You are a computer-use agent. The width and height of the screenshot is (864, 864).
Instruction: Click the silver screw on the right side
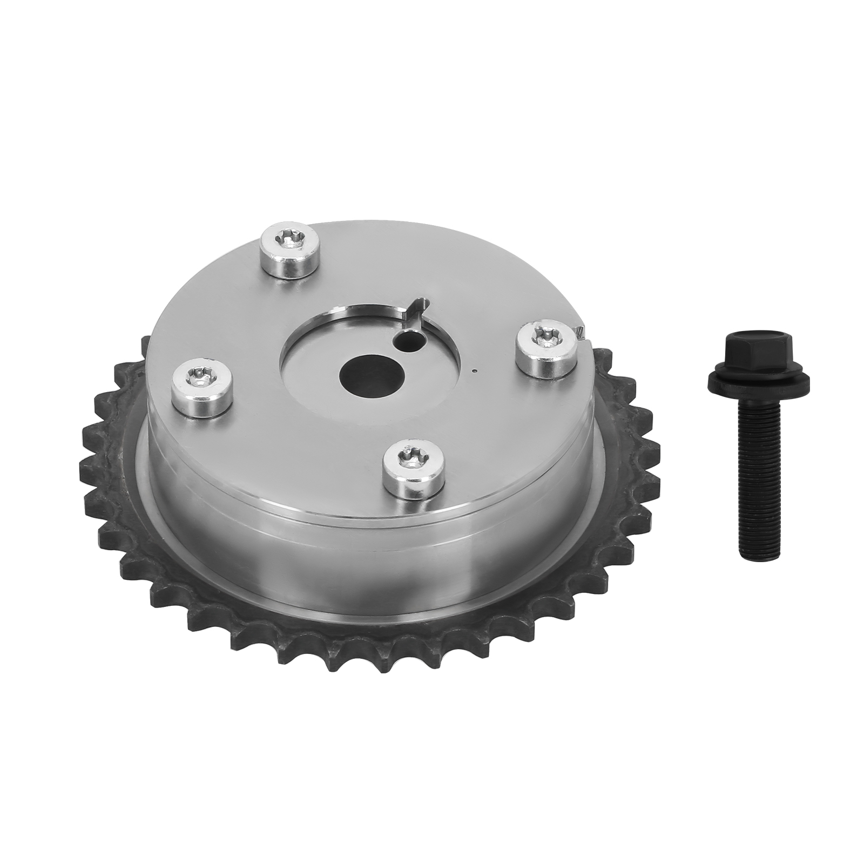[x=546, y=350]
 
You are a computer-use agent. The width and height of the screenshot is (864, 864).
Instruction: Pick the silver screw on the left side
[x=201, y=388]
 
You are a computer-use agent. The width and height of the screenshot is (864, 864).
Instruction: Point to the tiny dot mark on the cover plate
[x=474, y=371]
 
